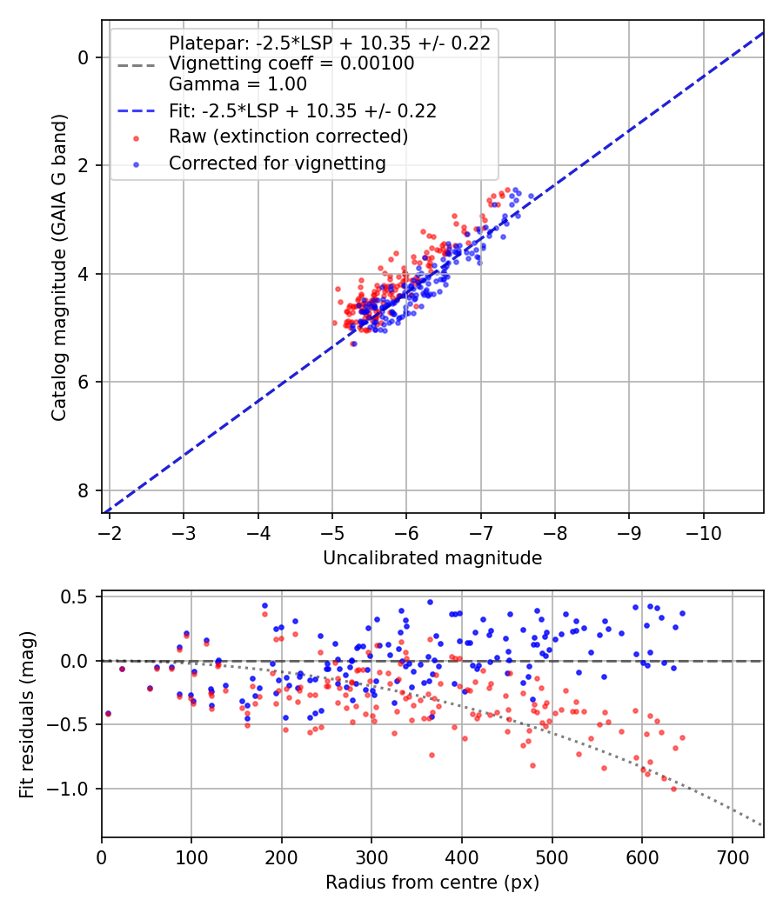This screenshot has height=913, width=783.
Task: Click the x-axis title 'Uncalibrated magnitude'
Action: [432, 558]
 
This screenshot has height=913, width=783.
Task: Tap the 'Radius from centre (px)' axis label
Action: [432, 883]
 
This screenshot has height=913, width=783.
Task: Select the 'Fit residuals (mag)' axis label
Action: [27, 715]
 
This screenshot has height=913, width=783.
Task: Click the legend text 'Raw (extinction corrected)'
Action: [288, 137]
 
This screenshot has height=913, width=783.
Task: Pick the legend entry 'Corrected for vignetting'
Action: [277, 163]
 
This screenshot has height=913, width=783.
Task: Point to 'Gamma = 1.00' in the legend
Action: [238, 84]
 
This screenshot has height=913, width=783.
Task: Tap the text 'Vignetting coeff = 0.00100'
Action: [291, 63]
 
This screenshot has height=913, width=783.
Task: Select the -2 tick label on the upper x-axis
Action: [109, 531]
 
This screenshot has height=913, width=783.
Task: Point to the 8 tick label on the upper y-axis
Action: [84, 490]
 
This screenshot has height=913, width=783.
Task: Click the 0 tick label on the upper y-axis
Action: [84, 57]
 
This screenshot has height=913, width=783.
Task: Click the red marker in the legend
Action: [135, 137]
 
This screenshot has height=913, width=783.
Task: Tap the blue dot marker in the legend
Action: [135, 163]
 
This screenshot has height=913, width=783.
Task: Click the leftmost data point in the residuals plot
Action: [108, 714]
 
